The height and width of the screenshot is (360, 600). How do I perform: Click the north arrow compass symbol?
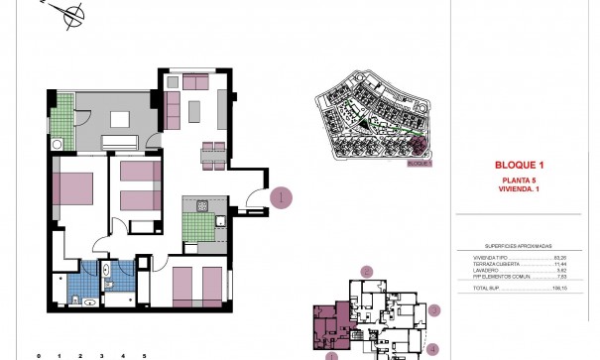click(70, 15)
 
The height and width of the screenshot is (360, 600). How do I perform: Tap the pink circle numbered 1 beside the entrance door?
click(283, 197)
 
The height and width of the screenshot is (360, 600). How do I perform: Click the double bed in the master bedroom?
click(72, 188)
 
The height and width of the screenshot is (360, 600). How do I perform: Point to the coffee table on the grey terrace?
click(120, 119)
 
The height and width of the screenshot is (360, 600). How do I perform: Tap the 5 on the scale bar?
click(145, 355)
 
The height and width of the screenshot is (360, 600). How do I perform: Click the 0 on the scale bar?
click(39, 355)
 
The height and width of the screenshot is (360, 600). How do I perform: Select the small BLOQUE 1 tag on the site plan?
click(420, 164)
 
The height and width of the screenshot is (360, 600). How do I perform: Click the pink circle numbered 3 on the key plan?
click(434, 310)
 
